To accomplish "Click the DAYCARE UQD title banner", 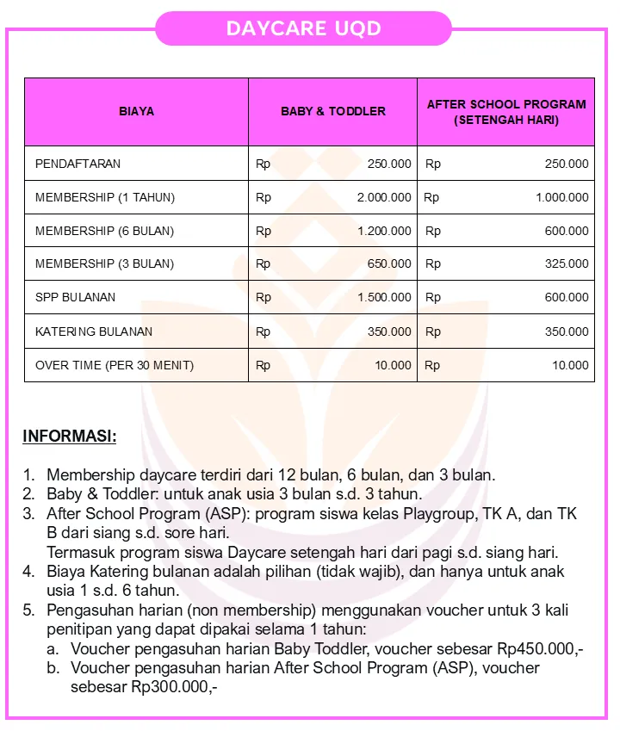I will (x=303, y=28).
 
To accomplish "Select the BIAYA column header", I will (x=136, y=111).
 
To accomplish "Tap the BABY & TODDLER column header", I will (x=333, y=111).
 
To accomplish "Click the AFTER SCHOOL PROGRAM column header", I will (x=506, y=112).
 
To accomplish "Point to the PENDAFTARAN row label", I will (x=77, y=164).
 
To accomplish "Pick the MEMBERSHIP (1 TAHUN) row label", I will (x=104, y=197).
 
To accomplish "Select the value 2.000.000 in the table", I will (x=384, y=197).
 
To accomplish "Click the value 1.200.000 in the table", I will (x=384, y=231).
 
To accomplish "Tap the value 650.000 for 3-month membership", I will (x=389, y=263).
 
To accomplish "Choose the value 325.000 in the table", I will (x=567, y=263).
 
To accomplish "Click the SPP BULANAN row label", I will (x=75, y=297).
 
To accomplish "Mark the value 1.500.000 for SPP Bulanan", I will (x=384, y=297).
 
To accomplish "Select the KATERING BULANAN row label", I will (x=94, y=331).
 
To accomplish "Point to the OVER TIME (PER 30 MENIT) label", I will (x=115, y=365).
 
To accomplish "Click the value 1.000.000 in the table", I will (x=561, y=197).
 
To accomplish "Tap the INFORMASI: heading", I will (x=69, y=436).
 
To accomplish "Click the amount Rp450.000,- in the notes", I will (x=541, y=648).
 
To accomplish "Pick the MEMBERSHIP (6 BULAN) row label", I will (x=104, y=231).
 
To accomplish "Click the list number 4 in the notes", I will (x=28, y=571).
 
